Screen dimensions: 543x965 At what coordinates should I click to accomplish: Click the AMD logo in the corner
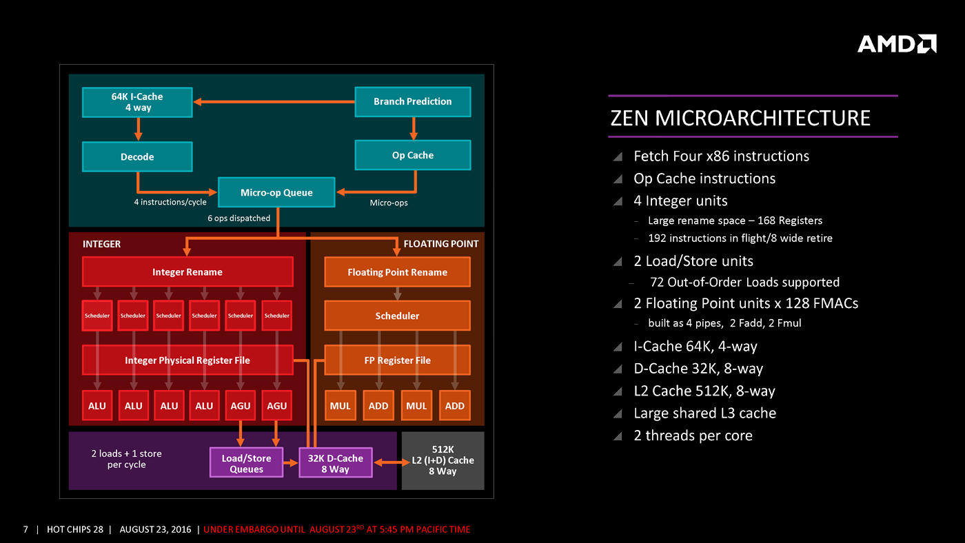pyautogui.click(x=896, y=44)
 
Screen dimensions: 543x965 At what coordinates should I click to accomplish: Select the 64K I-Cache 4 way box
pyautogui.click(x=137, y=102)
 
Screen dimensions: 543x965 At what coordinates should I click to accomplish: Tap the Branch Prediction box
pyautogui.click(x=412, y=101)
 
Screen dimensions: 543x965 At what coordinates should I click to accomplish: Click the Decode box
pyautogui.click(x=137, y=156)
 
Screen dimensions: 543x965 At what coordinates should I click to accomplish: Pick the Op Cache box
pyautogui.click(x=412, y=155)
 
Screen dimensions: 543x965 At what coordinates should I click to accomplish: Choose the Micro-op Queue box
pyautogui.click(x=276, y=192)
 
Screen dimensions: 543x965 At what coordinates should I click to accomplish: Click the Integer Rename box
pyautogui.click(x=187, y=271)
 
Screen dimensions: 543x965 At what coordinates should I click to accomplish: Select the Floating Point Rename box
pyautogui.click(x=397, y=271)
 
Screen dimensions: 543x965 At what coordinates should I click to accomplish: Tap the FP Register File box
pyautogui.click(x=397, y=360)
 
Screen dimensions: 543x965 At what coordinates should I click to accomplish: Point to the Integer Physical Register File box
pyautogui.click(x=187, y=360)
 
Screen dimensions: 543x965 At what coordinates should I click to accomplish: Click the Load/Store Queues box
pyautogui.click(x=246, y=463)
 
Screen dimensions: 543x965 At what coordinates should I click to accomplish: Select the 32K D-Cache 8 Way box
pyautogui.click(x=335, y=463)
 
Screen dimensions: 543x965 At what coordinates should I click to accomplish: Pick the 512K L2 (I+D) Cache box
pyautogui.click(x=443, y=460)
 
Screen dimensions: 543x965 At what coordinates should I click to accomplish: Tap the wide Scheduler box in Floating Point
pyautogui.click(x=397, y=316)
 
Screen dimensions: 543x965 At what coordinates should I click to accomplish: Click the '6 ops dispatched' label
pyautogui.click(x=239, y=218)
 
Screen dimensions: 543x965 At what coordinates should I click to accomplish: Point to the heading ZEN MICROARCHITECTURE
pyautogui.click(x=740, y=118)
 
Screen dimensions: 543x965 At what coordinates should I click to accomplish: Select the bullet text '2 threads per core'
pyautogui.click(x=693, y=436)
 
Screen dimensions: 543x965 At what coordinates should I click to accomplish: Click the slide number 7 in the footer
pyautogui.click(x=26, y=529)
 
